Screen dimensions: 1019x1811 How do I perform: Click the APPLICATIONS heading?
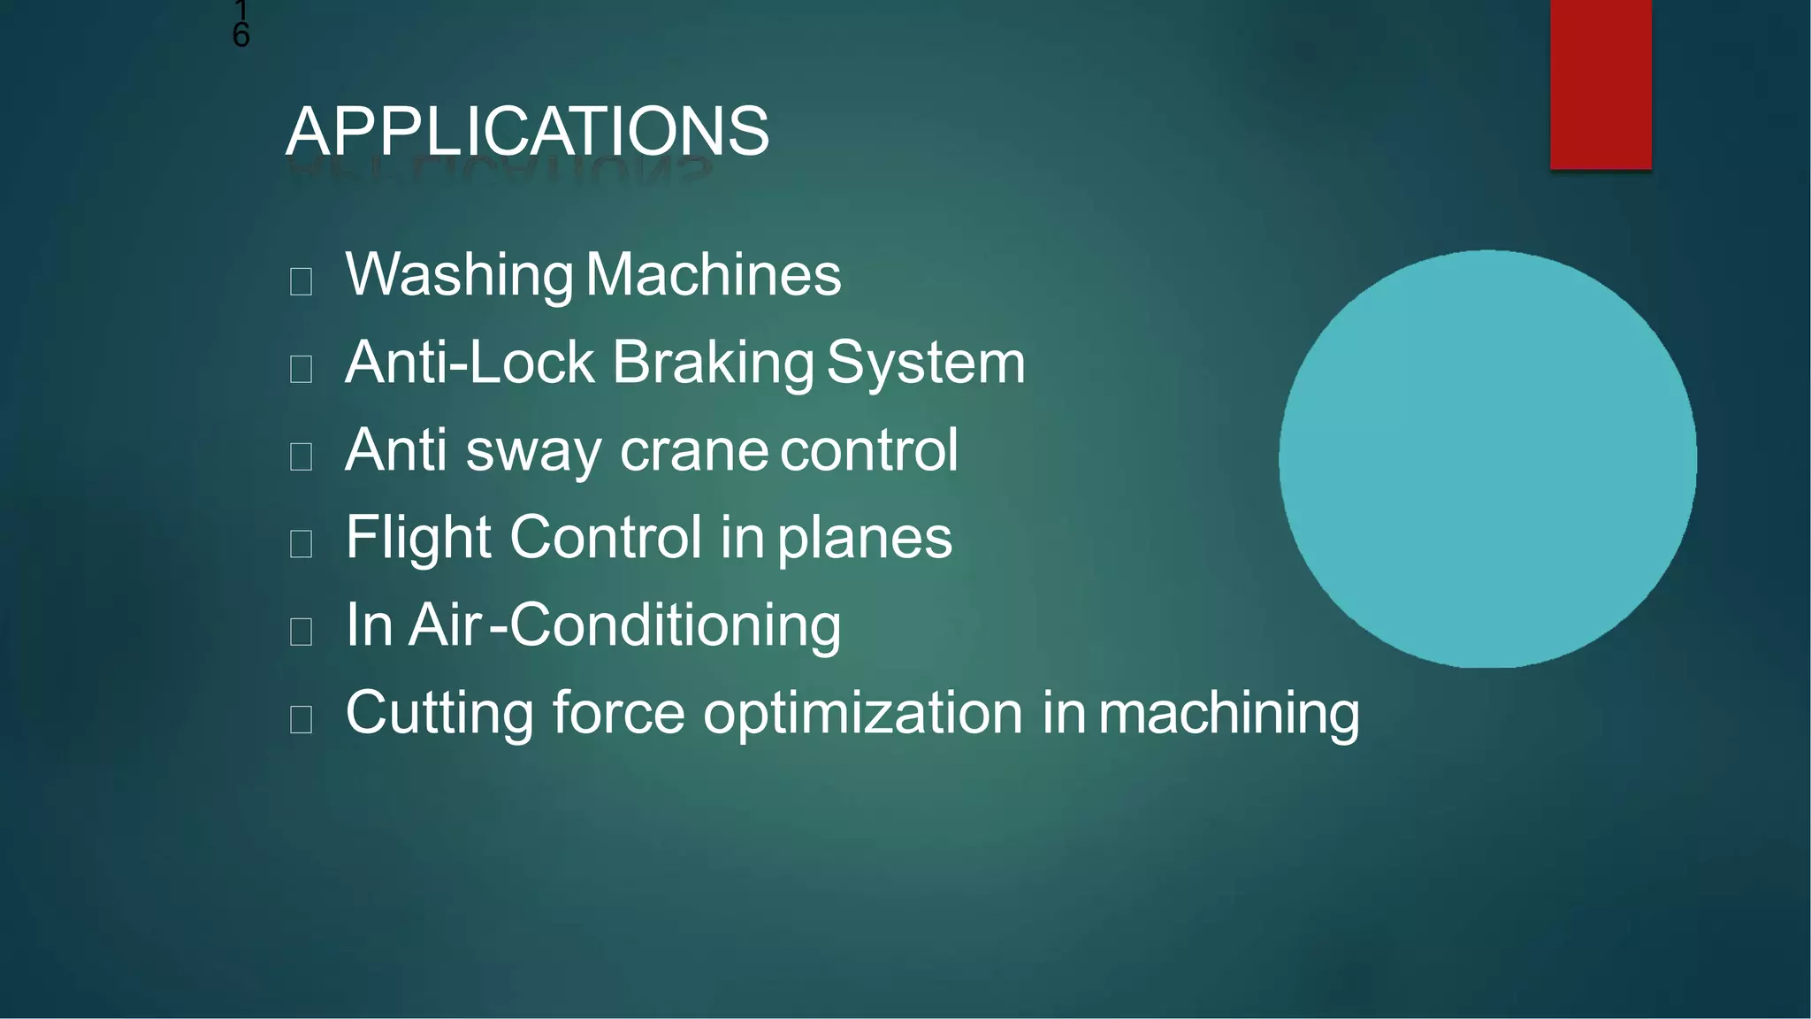[527, 131]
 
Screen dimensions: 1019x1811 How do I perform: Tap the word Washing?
[459, 275]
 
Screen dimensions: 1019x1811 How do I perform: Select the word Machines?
[713, 275]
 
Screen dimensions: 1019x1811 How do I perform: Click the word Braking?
[713, 363]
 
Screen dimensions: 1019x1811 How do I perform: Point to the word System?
[925, 363]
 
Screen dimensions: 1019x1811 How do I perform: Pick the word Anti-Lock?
[470, 363]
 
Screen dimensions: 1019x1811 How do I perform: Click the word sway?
[533, 451]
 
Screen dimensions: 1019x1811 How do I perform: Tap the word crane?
[694, 451]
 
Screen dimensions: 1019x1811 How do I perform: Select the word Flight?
[417, 537]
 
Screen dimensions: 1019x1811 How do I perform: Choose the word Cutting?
[439, 714]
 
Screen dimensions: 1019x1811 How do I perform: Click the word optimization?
[862, 714]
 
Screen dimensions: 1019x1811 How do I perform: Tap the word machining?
[1228, 714]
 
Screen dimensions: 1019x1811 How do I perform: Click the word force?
[618, 713]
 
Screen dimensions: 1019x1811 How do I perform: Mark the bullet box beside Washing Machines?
[301, 282]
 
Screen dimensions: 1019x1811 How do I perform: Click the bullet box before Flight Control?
[301, 544]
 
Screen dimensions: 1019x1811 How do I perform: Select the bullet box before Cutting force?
[301, 720]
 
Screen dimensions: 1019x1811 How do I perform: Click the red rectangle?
[1600, 84]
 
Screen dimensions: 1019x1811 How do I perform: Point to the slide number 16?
[241, 25]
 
